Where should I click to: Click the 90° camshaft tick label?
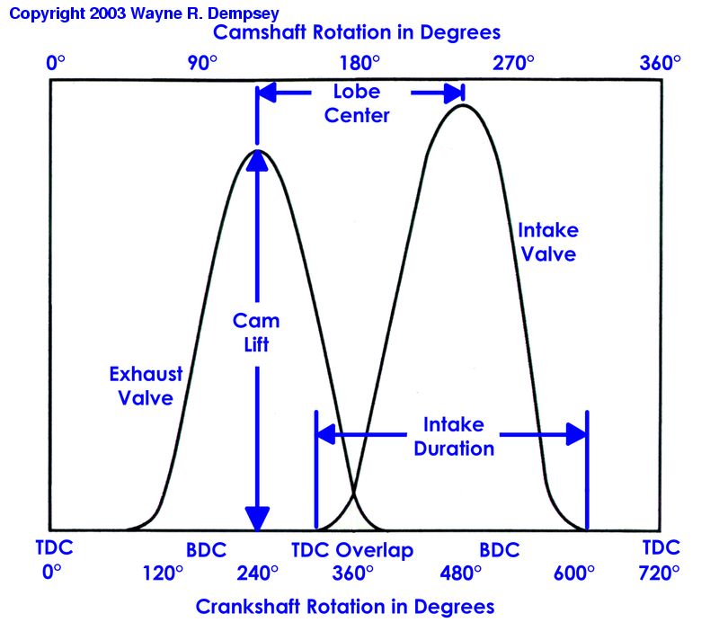tap(202, 63)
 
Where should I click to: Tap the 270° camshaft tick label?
tap(516, 63)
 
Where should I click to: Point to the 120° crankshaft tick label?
tap(163, 573)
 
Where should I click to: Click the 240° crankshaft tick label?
tap(257, 573)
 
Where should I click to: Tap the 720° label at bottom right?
tap(661, 573)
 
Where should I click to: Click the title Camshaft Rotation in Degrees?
tap(357, 32)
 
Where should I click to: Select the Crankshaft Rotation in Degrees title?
tap(345, 607)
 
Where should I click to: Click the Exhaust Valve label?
tap(146, 386)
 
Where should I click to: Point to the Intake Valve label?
tap(546, 243)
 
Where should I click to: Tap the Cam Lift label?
tap(256, 333)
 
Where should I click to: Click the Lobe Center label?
tap(357, 103)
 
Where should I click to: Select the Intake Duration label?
tap(454, 436)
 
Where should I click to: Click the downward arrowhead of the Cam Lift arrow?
tap(258, 519)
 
